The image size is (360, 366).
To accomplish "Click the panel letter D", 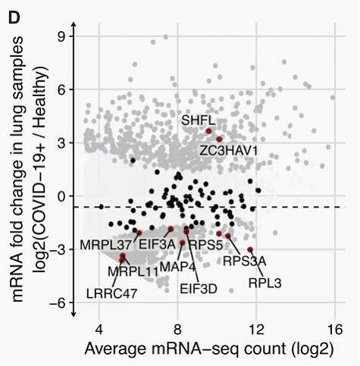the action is tap(14, 18).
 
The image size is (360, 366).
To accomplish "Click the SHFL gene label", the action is tap(199, 120).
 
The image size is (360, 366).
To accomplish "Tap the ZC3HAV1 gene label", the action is tap(229, 151).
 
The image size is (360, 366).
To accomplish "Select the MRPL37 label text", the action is tap(106, 245).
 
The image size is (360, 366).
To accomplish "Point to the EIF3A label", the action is tap(157, 244).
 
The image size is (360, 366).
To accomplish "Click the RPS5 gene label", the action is tap(206, 245).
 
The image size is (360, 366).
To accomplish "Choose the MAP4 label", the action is tap(178, 267).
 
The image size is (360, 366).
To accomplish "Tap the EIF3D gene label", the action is tap(199, 289).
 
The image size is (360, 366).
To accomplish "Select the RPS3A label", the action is tap(245, 261).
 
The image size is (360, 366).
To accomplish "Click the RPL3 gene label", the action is tap(265, 283).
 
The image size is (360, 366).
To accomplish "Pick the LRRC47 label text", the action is tap(111, 293).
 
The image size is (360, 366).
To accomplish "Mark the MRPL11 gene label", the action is tap(133, 272).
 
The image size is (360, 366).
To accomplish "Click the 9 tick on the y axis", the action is tap(62, 36).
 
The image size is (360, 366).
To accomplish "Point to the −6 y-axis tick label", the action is tap(58, 303).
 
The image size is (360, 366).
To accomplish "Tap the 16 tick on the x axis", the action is tap(335, 330).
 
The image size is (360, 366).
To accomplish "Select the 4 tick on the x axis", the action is tap(99, 330).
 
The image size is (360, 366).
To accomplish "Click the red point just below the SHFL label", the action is tap(208, 131).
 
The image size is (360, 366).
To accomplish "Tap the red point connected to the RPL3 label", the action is tap(250, 250).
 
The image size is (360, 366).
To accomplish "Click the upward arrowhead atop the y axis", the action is tap(74, 25).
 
